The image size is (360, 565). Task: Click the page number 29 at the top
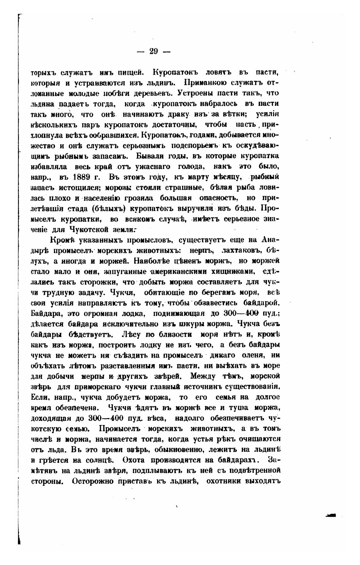(x=154, y=52)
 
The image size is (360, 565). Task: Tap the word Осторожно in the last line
(x=93, y=481)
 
